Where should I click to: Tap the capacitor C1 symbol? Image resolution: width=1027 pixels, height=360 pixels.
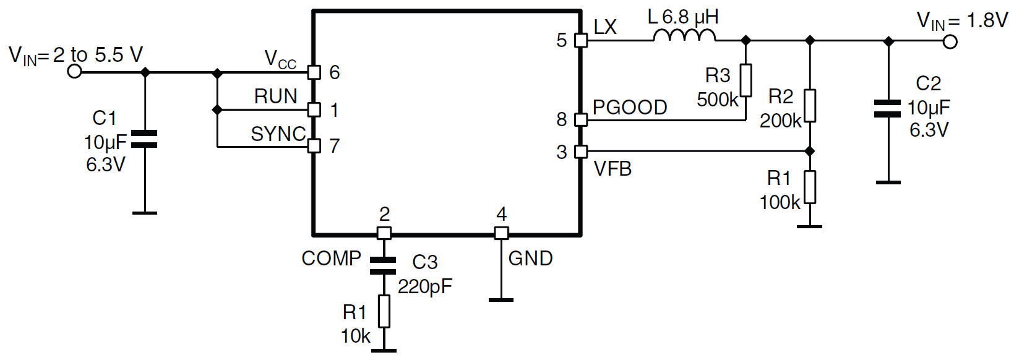tap(145, 139)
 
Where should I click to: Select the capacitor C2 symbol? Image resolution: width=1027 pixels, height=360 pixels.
tap(888, 108)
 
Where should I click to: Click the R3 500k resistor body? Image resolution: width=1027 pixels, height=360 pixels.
tap(746, 80)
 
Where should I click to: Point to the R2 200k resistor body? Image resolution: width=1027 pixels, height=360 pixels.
tap(810, 106)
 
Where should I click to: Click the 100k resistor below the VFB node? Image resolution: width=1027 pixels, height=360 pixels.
tap(810, 187)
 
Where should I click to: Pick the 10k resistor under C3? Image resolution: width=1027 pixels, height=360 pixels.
tap(384, 311)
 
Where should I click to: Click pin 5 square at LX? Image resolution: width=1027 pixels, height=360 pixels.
tap(580, 40)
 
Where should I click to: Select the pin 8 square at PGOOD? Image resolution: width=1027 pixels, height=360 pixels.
tap(580, 119)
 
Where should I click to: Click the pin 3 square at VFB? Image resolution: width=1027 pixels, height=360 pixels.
tap(580, 152)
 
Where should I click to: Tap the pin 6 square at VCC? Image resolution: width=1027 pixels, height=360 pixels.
tap(314, 72)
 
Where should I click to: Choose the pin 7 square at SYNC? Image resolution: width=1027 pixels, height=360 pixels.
tap(314, 146)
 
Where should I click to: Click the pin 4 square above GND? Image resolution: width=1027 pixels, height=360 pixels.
tap(501, 233)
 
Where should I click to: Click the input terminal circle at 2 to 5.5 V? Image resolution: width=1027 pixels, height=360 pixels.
tap(74, 72)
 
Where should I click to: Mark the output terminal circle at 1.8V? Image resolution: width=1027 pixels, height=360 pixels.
tap(950, 41)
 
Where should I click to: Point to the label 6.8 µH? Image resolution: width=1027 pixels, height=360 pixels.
tap(690, 17)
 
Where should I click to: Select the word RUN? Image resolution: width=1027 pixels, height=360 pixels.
tap(275, 96)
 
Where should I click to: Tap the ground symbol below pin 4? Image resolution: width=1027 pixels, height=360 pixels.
tap(501, 300)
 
